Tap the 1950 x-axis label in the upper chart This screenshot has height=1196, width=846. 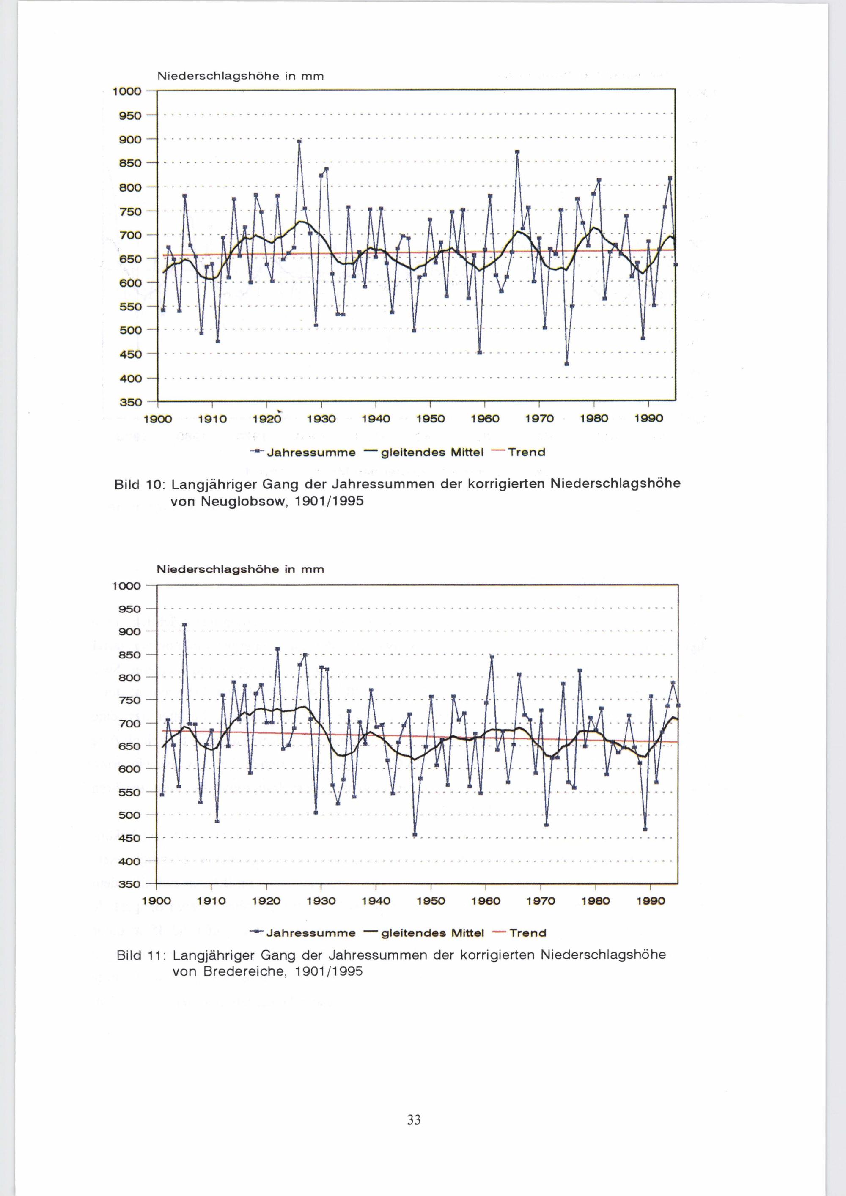coord(430,419)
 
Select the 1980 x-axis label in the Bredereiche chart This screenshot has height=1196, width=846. coord(596,901)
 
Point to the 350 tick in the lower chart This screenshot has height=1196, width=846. coord(130,884)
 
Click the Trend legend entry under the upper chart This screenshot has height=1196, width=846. coord(526,452)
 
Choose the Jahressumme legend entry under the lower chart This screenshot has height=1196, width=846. coord(310,933)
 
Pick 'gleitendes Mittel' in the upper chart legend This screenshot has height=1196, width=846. coord(432,452)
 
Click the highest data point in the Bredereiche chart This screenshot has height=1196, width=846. coord(184,625)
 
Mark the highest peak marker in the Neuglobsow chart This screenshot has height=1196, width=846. coord(299,141)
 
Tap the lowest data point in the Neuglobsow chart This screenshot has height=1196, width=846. coord(566,364)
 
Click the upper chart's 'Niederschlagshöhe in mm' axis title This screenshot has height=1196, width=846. coord(240,76)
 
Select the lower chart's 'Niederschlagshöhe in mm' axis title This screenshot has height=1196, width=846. coord(240,569)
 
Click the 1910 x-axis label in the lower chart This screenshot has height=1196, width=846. coord(211,901)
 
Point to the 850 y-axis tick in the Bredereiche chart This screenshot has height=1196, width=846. coord(130,654)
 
